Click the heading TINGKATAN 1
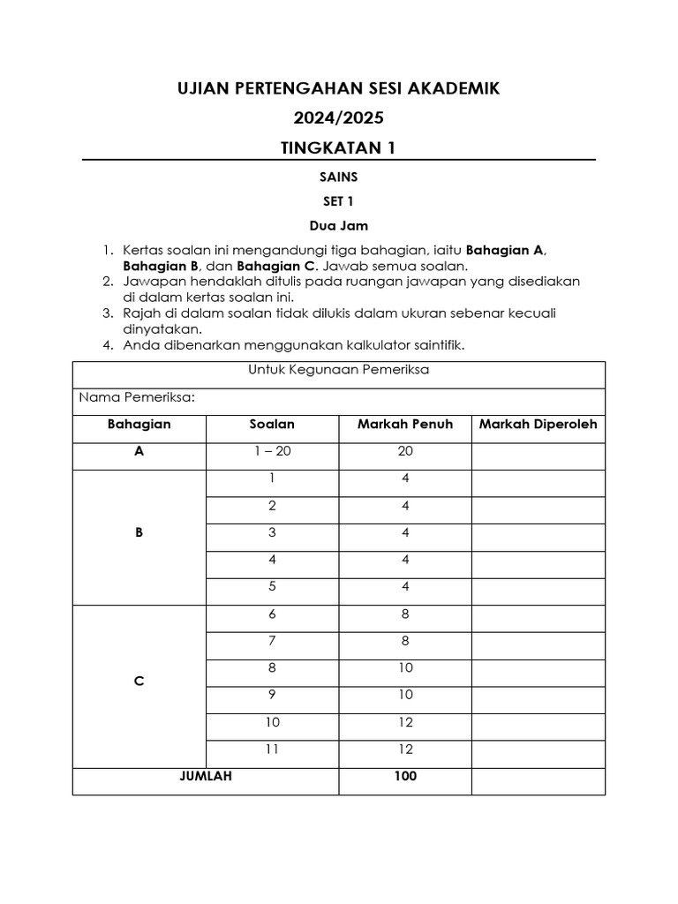[x=338, y=147]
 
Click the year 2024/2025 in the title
[x=338, y=118]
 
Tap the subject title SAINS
[x=338, y=177]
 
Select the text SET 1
[x=338, y=201]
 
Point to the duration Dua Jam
[x=338, y=226]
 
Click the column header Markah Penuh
[x=404, y=425]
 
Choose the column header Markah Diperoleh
[x=538, y=425]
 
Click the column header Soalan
[x=272, y=425]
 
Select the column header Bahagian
[x=139, y=425]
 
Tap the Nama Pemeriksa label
[x=137, y=397]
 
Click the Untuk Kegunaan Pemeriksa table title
[x=339, y=370]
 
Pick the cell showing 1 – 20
[x=272, y=451]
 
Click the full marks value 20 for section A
[x=404, y=451]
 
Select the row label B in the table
[x=139, y=532]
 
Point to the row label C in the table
[x=139, y=682]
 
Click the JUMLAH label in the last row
[x=206, y=777]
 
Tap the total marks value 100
[x=404, y=777]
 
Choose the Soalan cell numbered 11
[x=272, y=750]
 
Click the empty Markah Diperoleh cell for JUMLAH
[x=538, y=781]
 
